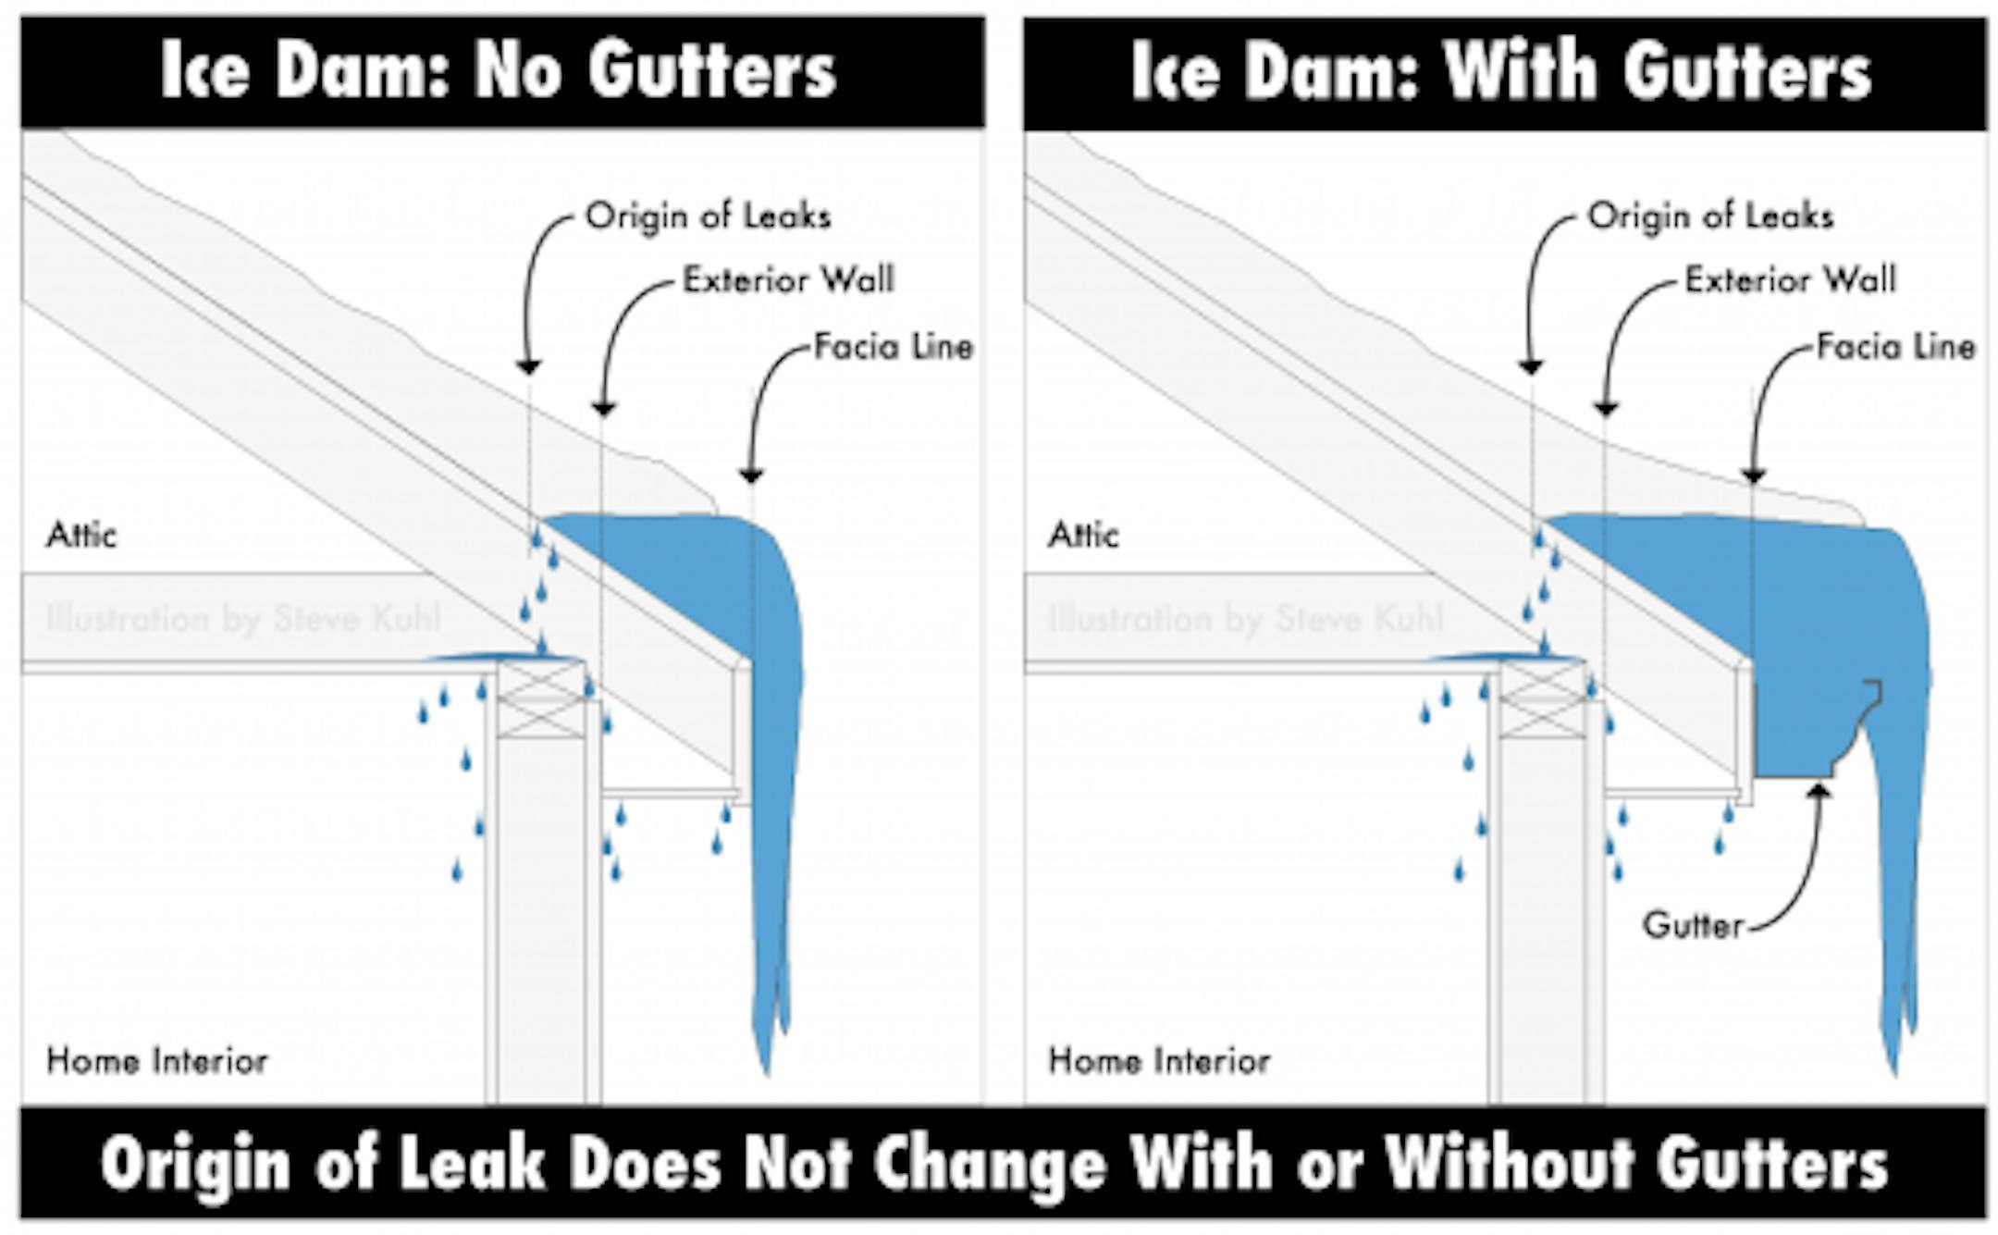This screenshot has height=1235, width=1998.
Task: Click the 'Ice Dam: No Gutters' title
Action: (499, 70)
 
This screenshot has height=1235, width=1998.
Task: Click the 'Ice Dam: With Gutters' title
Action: (1501, 70)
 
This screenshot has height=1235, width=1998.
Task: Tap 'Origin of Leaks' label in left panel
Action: (709, 216)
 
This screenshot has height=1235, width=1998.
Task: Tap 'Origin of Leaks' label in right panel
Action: (1710, 216)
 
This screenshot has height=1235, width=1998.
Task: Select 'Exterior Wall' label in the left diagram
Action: (788, 280)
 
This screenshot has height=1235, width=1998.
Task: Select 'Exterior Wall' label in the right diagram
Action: (1790, 280)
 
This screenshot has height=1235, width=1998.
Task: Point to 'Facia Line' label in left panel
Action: (894, 347)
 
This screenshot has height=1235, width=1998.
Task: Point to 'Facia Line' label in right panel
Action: (1895, 347)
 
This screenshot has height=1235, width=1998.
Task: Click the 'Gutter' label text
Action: (1693, 925)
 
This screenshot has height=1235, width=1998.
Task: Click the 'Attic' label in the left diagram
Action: (81, 536)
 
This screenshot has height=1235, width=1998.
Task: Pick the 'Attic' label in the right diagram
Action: (1083, 536)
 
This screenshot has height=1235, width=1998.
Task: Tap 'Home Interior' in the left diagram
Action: (157, 1061)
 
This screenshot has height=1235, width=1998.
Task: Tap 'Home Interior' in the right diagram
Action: (1159, 1061)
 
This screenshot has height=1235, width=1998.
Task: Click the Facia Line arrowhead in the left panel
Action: (751, 475)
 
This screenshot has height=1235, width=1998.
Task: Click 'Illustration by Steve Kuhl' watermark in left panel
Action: (243, 619)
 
